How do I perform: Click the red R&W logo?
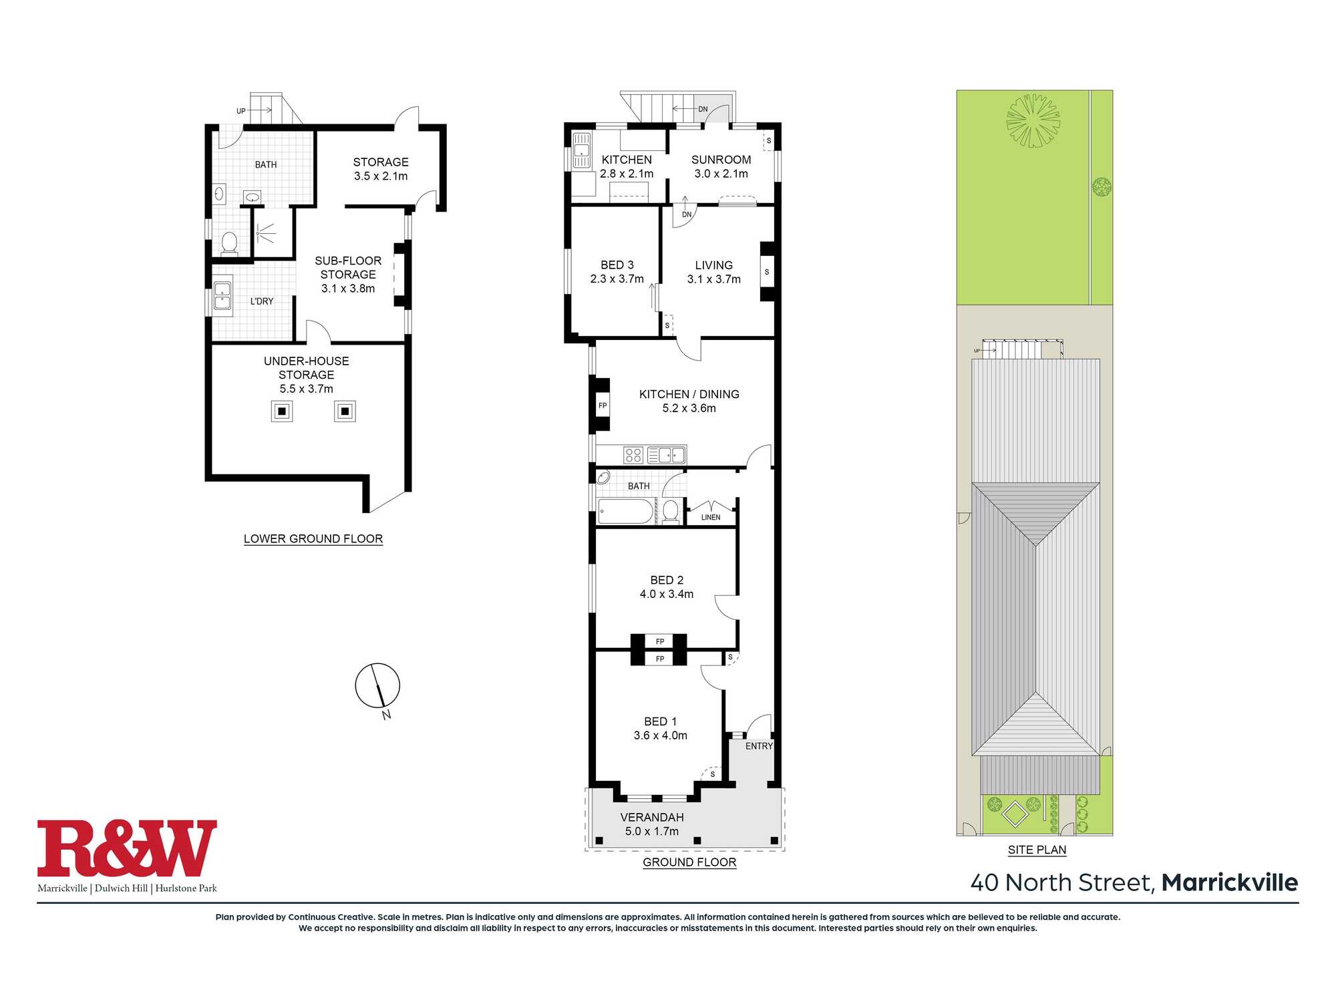point(127,848)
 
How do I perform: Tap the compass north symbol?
point(377,685)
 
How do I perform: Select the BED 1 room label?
point(660,721)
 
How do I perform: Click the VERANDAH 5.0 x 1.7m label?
point(652,824)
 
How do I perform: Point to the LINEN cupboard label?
point(711,517)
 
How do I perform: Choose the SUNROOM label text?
point(721,160)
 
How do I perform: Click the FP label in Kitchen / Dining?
point(603,405)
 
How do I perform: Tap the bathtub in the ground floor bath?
point(625,512)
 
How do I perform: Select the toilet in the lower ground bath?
point(229,243)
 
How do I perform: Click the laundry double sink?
point(222,296)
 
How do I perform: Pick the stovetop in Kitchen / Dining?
point(633,455)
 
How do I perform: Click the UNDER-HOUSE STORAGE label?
point(306,367)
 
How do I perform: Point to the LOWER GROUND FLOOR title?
point(313,538)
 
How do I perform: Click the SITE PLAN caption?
point(1037,850)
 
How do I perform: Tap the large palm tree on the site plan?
point(1033,120)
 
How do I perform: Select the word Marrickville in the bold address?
point(1230,882)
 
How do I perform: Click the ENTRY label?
point(759,746)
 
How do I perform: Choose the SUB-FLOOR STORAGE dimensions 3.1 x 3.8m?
point(348,289)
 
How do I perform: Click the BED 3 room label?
point(617,265)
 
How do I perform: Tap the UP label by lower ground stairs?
point(240,111)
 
